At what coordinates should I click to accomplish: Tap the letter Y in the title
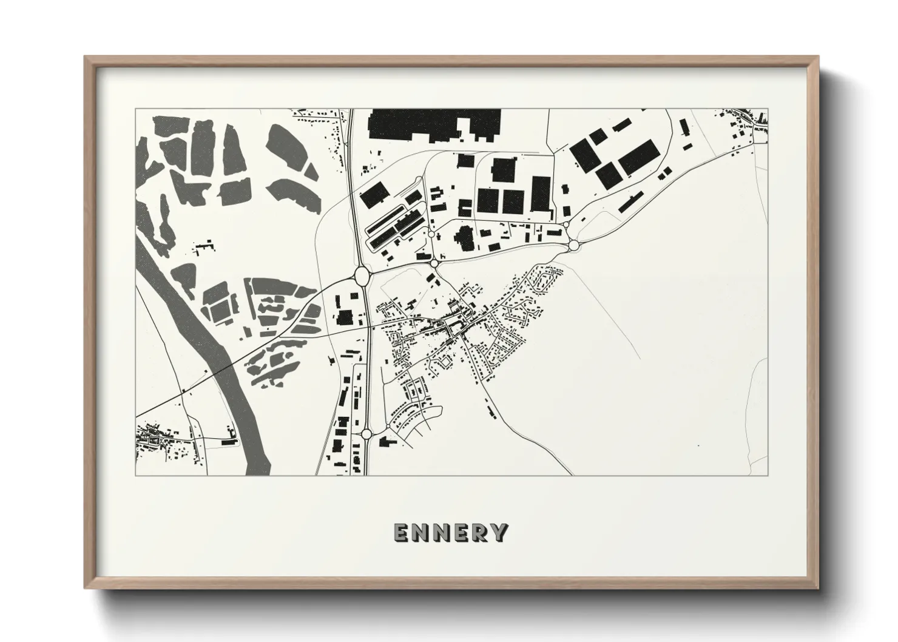(x=499, y=532)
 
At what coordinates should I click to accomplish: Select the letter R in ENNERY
(x=479, y=532)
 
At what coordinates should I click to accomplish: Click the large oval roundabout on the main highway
(x=362, y=276)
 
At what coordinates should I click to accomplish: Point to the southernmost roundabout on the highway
(x=366, y=433)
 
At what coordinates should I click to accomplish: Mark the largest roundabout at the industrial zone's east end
(x=573, y=245)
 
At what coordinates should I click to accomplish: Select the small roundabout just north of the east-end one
(x=566, y=225)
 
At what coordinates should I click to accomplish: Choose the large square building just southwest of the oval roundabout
(x=344, y=318)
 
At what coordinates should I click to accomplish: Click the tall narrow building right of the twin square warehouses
(x=539, y=194)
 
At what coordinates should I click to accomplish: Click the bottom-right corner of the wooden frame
(x=817, y=588)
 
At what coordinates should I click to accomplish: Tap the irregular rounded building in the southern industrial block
(x=467, y=238)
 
